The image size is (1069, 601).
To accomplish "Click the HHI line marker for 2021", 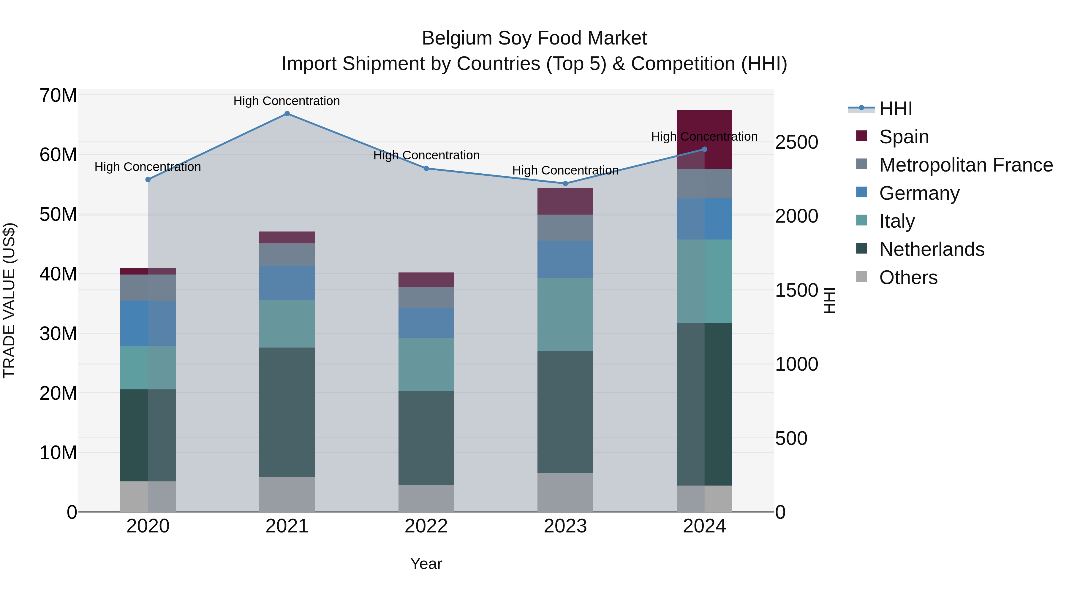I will [x=287, y=114].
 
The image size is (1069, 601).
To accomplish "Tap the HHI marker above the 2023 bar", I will [x=565, y=183].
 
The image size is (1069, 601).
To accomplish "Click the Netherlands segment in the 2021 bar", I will [x=287, y=412].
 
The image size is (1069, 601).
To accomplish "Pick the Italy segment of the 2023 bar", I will [x=565, y=314].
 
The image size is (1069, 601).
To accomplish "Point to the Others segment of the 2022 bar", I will [x=426, y=498].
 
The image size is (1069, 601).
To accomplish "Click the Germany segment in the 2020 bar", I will [x=148, y=324].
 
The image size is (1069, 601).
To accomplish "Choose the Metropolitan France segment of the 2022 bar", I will [x=426, y=297].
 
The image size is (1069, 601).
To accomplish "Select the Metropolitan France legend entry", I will [x=965, y=165].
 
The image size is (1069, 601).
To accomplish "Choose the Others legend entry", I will [x=908, y=277].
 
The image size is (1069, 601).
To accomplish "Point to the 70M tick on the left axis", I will [x=58, y=95].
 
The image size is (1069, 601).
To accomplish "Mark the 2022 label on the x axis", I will [x=426, y=526].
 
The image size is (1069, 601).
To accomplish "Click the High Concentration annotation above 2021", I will [x=287, y=101].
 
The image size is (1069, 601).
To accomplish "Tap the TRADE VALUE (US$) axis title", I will [x=9, y=300].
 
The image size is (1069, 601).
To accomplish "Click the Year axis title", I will [x=426, y=564].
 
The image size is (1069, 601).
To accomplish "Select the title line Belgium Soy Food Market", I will [x=534, y=38].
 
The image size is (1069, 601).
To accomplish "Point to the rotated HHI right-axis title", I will [x=829, y=300].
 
